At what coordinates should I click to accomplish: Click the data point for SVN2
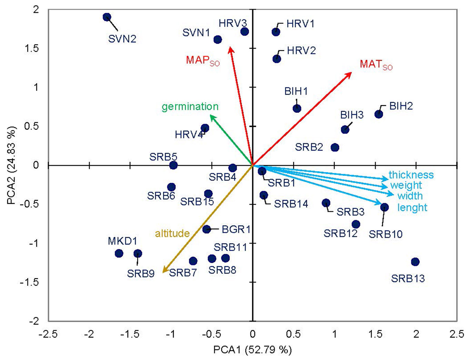[x=107, y=17]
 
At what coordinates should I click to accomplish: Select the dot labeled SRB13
[x=415, y=262]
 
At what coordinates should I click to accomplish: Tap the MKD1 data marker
[x=119, y=253]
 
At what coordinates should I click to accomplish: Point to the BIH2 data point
[x=379, y=114]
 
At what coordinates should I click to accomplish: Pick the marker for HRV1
[x=276, y=32]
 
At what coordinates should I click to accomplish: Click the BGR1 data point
[x=206, y=229]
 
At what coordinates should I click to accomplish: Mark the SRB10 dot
[x=385, y=207]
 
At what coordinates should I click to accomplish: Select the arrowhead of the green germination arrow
[x=211, y=116]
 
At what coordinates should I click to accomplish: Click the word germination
[x=190, y=107]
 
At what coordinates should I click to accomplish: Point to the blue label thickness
[x=411, y=175]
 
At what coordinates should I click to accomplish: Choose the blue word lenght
[x=412, y=208]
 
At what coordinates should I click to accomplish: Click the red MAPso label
[x=203, y=60]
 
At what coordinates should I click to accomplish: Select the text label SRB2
[x=309, y=147]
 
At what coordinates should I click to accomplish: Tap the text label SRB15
[x=197, y=201]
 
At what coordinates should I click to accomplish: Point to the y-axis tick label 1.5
[x=32, y=49]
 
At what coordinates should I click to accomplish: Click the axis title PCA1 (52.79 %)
[x=252, y=350]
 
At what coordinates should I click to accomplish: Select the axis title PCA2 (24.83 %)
[x=12, y=166]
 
